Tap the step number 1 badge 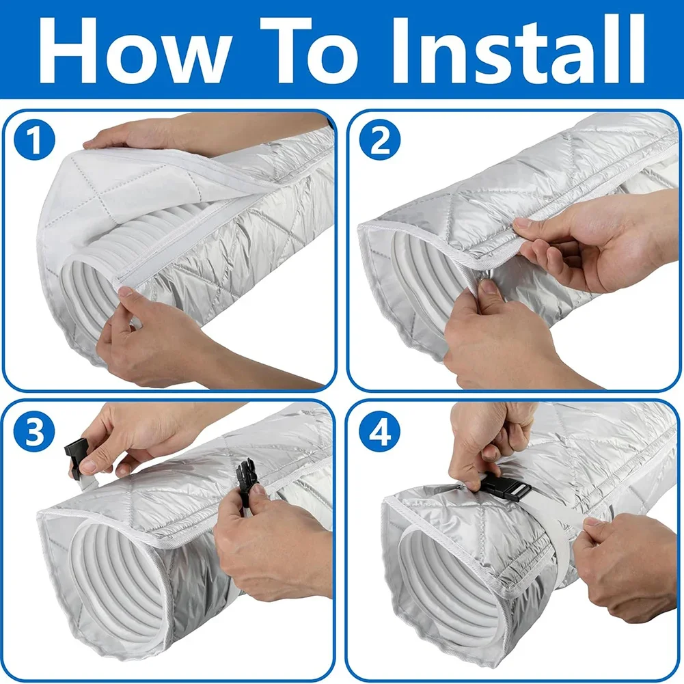(34, 139)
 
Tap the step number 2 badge (379, 139)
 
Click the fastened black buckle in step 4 (508, 486)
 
